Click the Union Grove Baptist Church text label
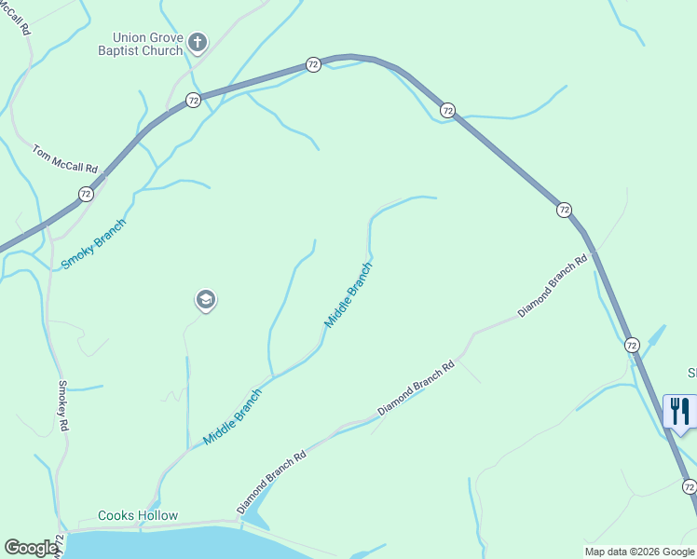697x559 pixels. coord(142,44)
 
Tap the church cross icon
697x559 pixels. coord(197,41)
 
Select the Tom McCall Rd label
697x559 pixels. coord(65,158)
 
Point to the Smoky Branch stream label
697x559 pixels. coord(93,245)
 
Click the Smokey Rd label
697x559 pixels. coord(64,404)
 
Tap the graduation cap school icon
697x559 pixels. coord(206,300)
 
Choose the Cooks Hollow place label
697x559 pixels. coord(138,515)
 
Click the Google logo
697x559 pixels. coord(30,548)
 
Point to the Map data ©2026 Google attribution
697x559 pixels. coord(639,552)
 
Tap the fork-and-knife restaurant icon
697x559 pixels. coord(679,411)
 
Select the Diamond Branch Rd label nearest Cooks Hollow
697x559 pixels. coord(271,483)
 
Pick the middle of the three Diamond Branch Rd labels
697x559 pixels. coord(416,388)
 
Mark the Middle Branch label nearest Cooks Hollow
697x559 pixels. coord(232,416)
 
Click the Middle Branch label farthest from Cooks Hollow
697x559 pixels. coord(348,294)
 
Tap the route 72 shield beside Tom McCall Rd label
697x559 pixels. coord(86,194)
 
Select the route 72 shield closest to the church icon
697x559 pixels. coord(193,100)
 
